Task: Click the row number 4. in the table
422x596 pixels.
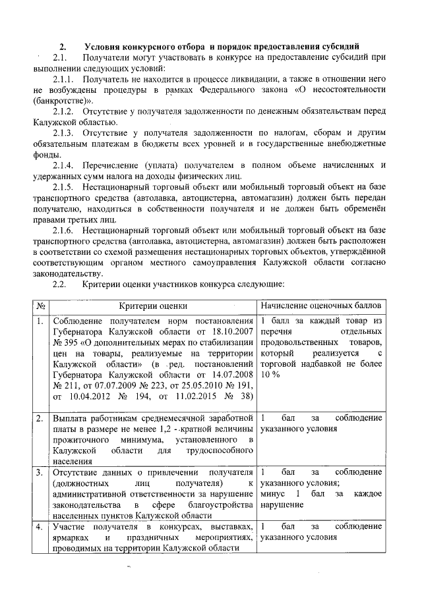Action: pos(40,527)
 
